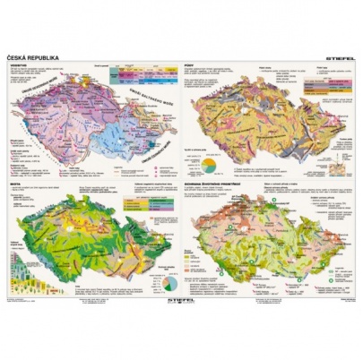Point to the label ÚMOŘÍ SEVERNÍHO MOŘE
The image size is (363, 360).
coord(51,96)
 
